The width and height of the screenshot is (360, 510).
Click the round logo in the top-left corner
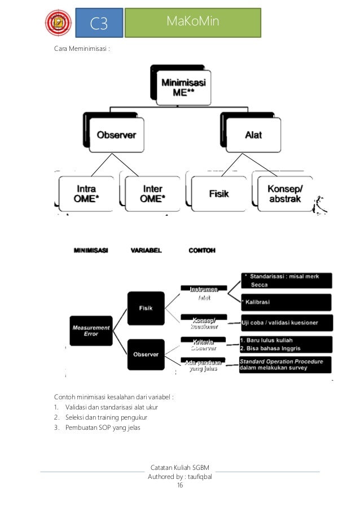click(x=58, y=23)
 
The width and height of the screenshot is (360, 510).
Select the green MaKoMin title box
click(x=192, y=22)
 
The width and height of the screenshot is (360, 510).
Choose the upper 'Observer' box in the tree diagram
click(x=120, y=135)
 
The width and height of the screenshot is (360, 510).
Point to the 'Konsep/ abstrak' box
click(x=285, y=194)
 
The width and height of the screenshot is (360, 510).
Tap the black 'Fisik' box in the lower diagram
click(x=144, y=307)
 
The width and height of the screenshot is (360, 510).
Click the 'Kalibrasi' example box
click(x=286, y=302)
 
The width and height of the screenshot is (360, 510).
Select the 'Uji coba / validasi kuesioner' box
click(x=286, y=323)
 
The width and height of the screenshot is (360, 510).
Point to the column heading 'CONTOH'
click(x=202, y=250)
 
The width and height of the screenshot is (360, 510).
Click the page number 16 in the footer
click(x=180, y=485)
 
